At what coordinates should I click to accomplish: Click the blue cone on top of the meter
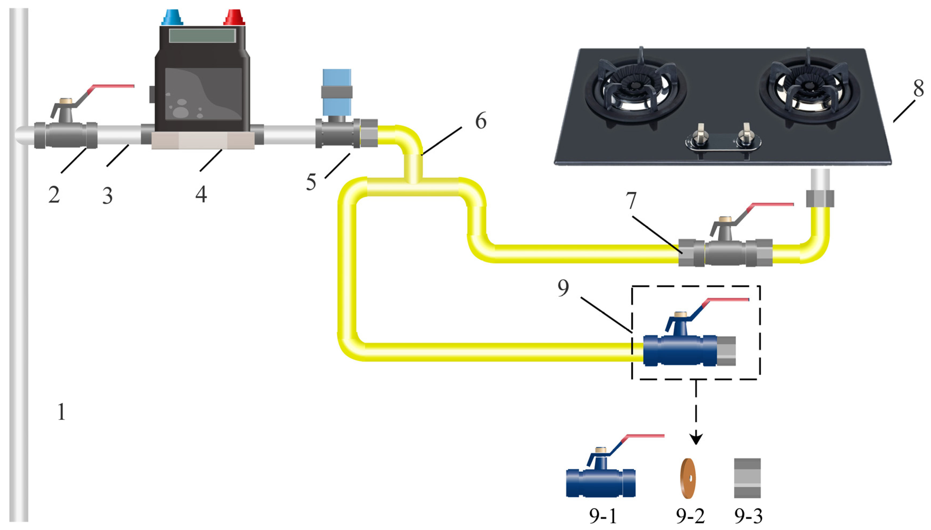tap(172, 17)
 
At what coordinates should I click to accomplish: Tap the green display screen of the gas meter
tap(202, 36)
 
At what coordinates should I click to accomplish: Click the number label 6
tap(480, 121)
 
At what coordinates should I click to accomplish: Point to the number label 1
tap(61, 412)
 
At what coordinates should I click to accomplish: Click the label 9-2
tap(690, 516)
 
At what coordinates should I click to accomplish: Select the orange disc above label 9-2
tap(688, 478)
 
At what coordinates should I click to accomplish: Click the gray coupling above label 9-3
tap(747, 478)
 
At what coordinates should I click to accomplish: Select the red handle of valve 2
tap(113, 86)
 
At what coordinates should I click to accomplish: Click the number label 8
tap(918, 88)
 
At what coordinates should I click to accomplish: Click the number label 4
tap(201, 194)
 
